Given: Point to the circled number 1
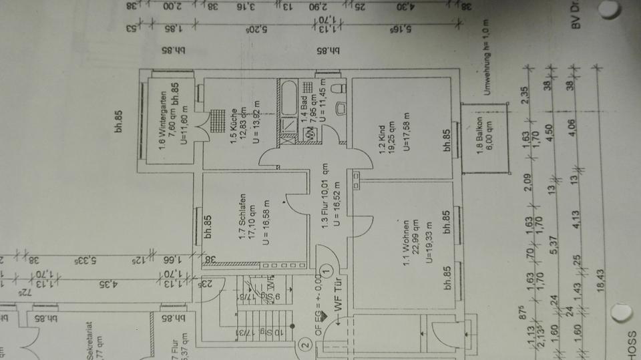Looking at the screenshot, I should tap(326, 271).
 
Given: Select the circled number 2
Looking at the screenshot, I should tap(305, 346).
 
